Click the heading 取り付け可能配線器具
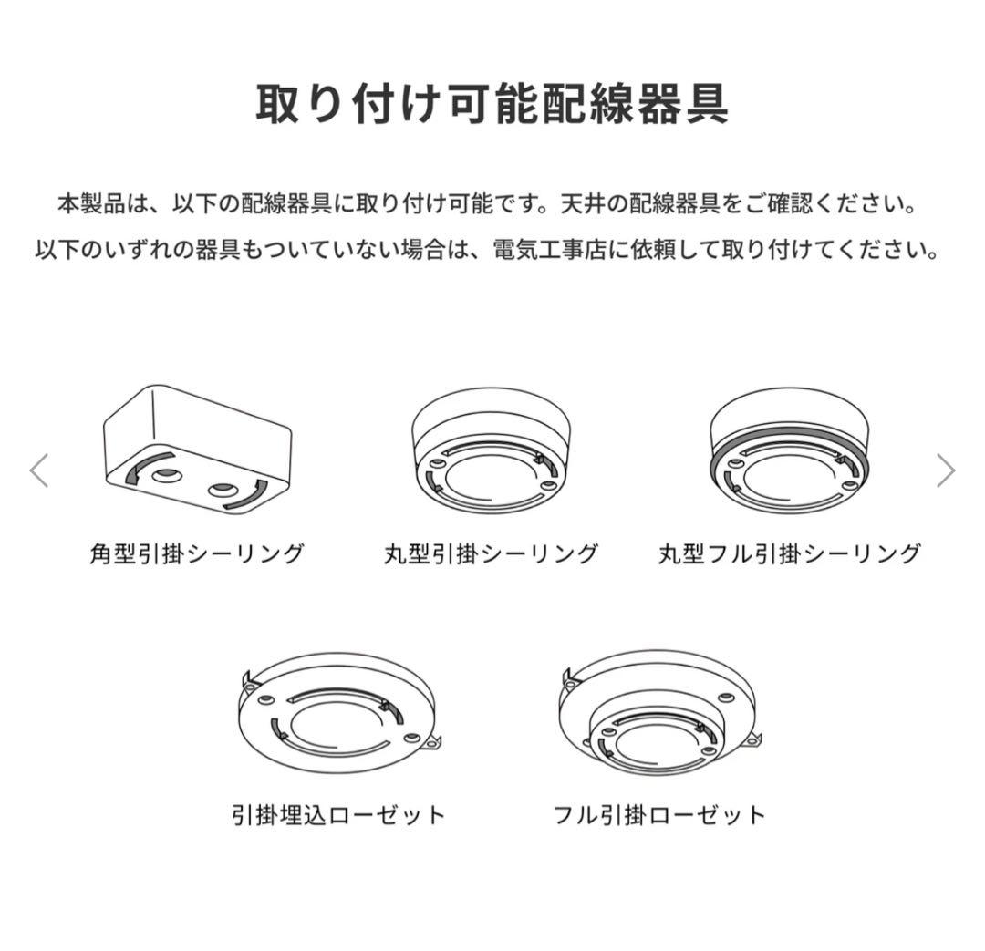click(492, 104)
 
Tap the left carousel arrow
click(39, 470)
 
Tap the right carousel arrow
click(946, 470)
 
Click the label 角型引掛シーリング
click(197, 554)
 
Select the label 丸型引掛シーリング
click(491, 554)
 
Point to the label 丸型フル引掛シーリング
click(790, 554)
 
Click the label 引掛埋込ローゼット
click(338, 815)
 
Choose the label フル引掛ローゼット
click(659, 815)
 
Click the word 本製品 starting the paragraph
click(92, 204)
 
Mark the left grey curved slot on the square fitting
click(140, 467)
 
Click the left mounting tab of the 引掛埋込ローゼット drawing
click(248, 680)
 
